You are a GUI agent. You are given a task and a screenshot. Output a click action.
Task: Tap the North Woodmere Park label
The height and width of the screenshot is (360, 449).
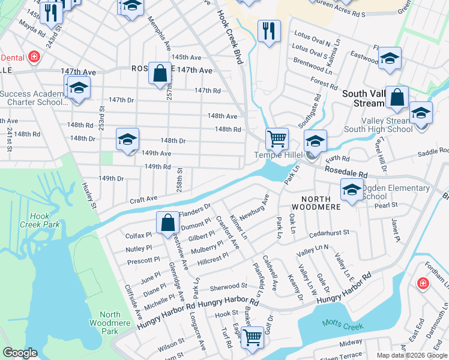110,323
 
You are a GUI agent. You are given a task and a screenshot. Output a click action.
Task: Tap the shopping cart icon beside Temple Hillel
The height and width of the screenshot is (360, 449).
277,139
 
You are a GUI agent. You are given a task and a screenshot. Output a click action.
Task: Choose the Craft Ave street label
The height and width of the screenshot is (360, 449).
144,198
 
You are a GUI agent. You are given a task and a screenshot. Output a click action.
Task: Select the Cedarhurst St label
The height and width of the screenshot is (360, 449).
330,233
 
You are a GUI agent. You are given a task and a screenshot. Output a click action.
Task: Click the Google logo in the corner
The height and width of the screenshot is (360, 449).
20,353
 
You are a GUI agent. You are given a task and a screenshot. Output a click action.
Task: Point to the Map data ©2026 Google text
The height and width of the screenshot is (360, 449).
411,355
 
